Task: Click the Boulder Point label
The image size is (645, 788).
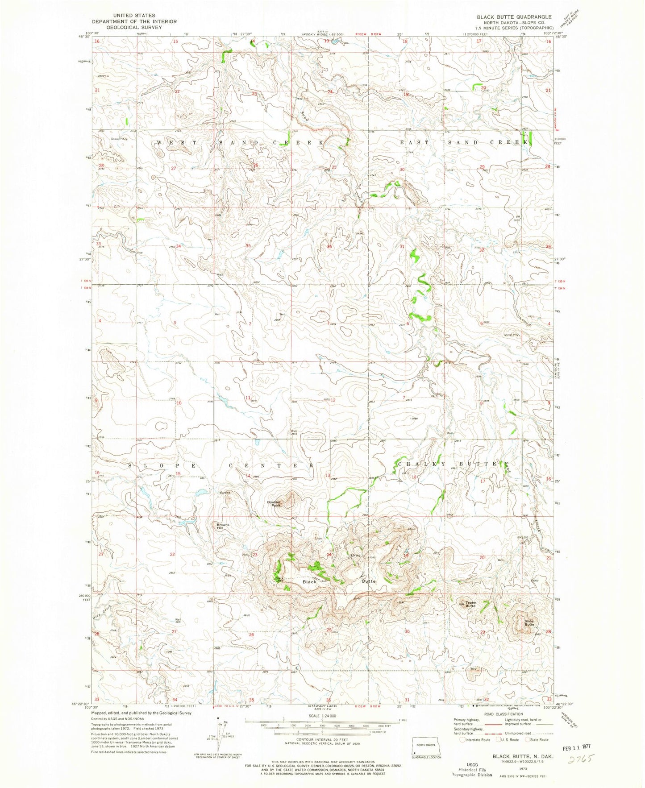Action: point(274,503)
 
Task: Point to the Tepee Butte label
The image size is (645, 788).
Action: point(470,605)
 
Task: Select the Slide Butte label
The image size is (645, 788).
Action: point(529,622)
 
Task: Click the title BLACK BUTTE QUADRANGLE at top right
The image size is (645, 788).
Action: point(514,17)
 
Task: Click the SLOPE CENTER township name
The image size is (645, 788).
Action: point(221,465)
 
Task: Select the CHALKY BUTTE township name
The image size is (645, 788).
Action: point(453,464)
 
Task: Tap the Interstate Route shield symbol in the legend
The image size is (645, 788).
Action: point(463,739)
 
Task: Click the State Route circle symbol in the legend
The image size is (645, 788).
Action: point(528,739)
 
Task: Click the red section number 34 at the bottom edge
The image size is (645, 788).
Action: point(175,699)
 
